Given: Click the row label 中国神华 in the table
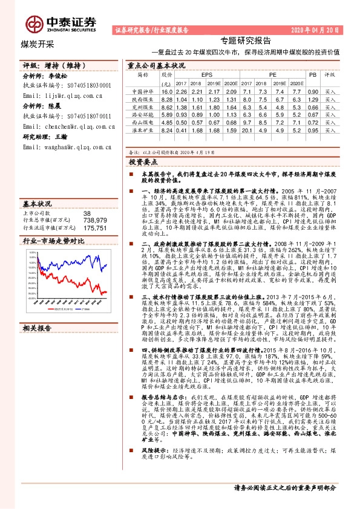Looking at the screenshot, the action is coord(143,91).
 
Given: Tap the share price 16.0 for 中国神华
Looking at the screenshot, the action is coord(167,91).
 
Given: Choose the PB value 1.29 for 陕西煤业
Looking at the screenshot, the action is coord(313,99).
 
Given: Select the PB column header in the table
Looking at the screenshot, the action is coord(313,76).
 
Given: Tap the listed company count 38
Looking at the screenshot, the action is coord(87,213).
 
